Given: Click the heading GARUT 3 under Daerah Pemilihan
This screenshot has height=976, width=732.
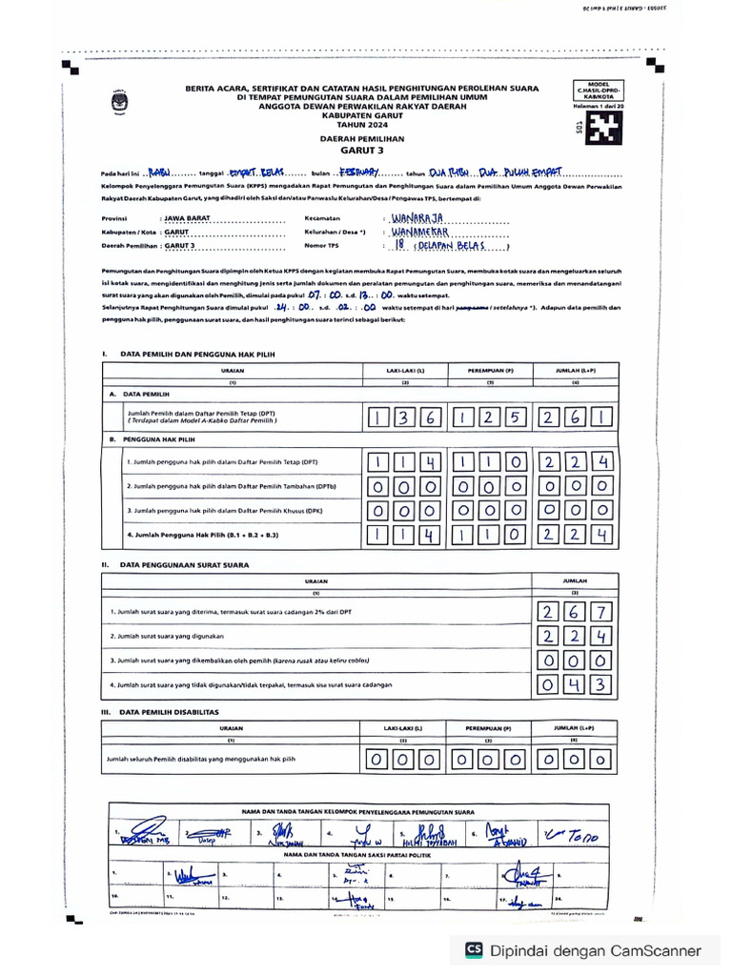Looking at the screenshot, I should coord(361,150).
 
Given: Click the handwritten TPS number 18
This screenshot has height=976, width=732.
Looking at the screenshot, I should coord(401,245).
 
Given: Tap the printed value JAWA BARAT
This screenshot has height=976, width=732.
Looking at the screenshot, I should coord(189,218).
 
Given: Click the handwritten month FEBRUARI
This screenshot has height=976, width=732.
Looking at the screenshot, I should coord(359,173).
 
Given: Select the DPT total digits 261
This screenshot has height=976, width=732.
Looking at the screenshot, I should coord(575,417).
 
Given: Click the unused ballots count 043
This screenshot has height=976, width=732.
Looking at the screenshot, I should coord(575,684).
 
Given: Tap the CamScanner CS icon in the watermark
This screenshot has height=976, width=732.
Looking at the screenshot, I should coord(474,949).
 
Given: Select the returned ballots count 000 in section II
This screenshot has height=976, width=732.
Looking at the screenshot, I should coord(575,661).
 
